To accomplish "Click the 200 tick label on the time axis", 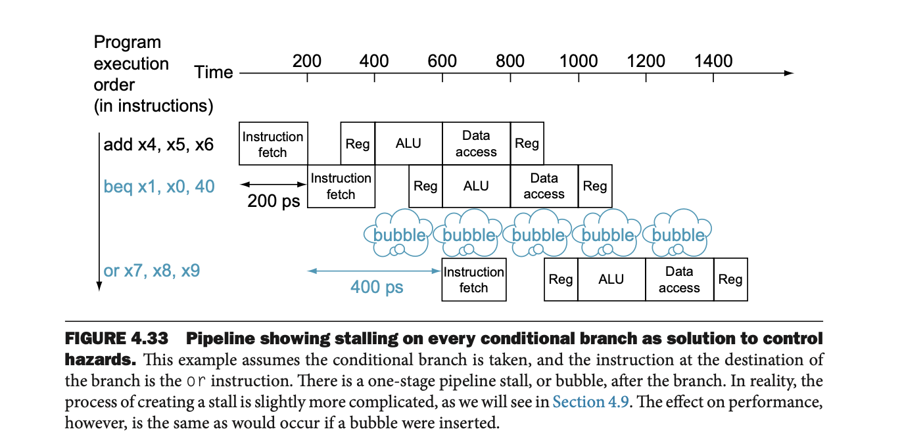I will coord(307,61).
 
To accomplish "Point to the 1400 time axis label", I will coord(713,61).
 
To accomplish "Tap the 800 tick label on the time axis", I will coord(510,61).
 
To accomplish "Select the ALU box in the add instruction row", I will coord(408,143).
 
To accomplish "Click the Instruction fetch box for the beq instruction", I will coord(341,186).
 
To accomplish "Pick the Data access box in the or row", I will coord(679,280).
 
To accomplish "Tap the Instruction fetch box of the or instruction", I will coord(473,280).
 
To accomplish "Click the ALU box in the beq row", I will coord(476,186).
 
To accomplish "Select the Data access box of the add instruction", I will coord(476,143).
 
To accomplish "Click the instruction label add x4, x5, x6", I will coord(158,145).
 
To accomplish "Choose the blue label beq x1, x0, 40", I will coord(159,187).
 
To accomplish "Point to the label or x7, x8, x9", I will coord(152,271).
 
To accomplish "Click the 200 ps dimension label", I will coord(273,201).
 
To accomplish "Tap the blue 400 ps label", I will coord(377,287).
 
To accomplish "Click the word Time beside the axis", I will coord(214,72).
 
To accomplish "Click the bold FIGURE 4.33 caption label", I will coord(116,339).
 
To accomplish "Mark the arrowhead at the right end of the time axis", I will coord(790,73).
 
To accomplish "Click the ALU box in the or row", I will coord(611,280).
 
